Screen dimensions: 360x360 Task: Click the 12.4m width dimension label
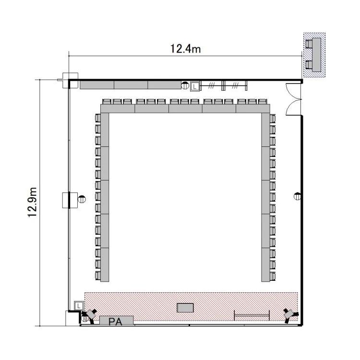coord(185,48)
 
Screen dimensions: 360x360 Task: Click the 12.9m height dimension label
coord(32,202)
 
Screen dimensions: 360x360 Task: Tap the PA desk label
coord(115,322)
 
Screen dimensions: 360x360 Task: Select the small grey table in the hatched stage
coord(185,308)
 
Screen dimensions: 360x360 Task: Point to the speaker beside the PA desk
coord(89,315)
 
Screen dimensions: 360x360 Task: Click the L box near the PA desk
coord(79,306)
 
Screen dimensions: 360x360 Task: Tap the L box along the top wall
coord(195,86)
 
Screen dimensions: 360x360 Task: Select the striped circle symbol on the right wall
coord(297,196)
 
